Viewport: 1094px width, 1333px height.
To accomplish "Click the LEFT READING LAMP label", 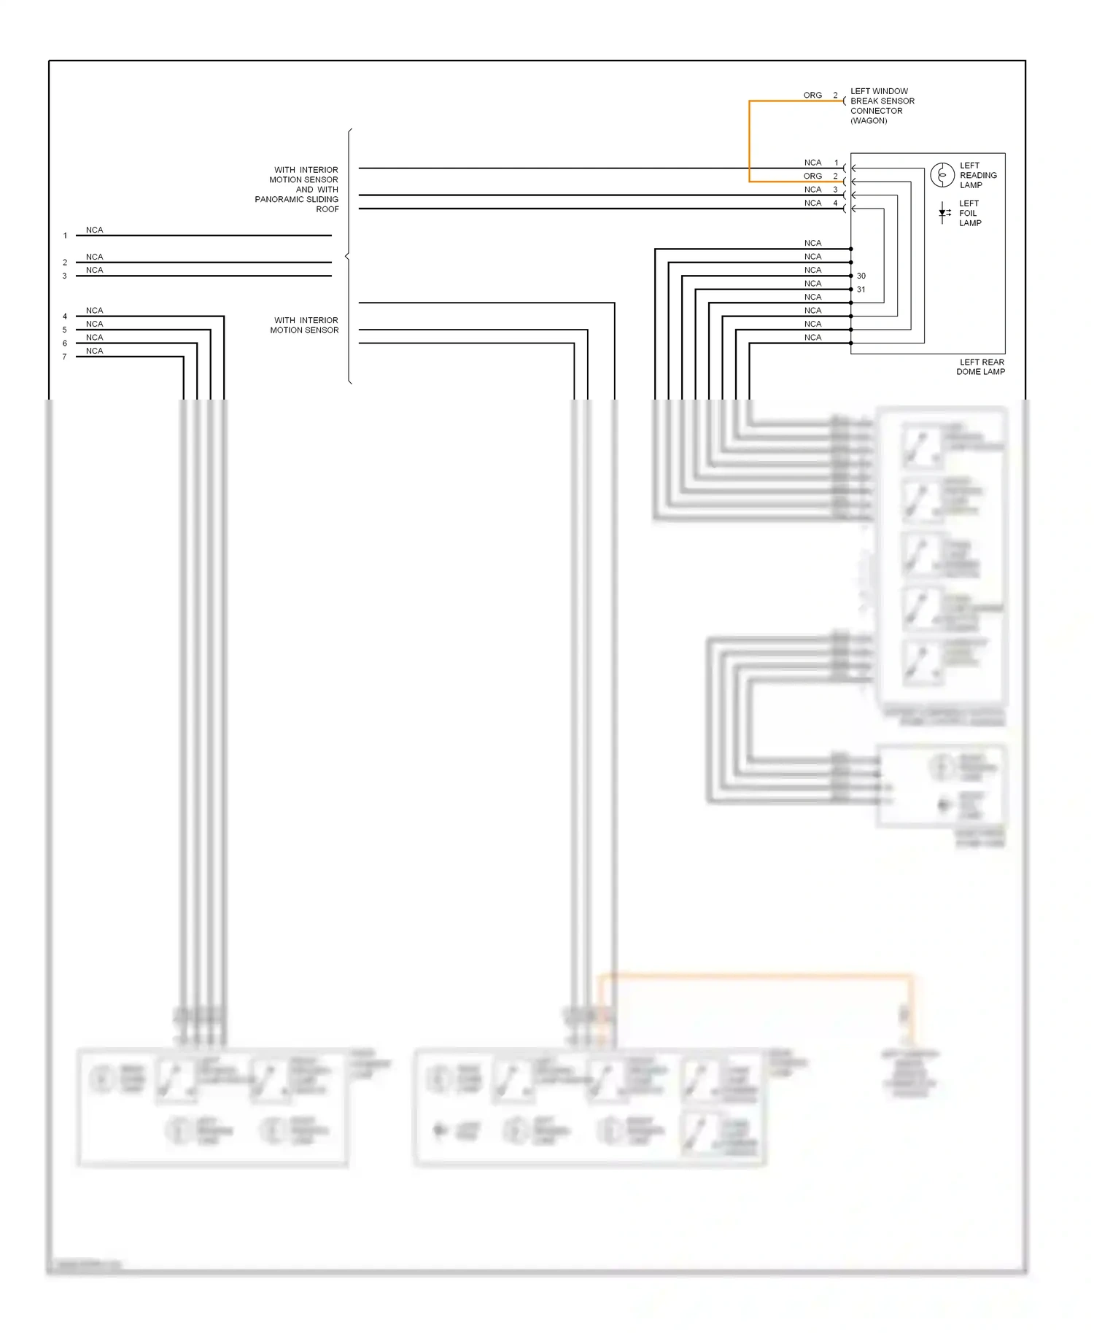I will pyautogui.click(x=977, y=175).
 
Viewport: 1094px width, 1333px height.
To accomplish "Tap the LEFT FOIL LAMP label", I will pyautogui.click(x=969, y=213).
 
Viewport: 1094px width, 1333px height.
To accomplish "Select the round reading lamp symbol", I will pyautogui.click(x=942, y=175).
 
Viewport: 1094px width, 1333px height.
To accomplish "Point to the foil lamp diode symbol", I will pyautogui.click(x=943, y=213).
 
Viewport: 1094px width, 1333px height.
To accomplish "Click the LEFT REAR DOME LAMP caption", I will pyautogui.click(x=980, y=367).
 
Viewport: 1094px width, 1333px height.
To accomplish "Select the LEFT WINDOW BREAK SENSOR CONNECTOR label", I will pyautogui.click(x=881, y=106).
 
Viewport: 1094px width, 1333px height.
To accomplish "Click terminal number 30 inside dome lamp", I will pyautogui.click(x=861, y=276).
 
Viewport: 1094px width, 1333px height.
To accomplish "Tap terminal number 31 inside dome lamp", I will pyautogui.click(x=861, y=289).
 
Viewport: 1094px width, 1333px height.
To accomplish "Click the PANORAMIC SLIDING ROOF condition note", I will pyautogui.click(x=297, y=190).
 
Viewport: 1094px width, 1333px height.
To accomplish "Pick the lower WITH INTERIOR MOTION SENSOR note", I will pyautogui.click(x=305, y=325).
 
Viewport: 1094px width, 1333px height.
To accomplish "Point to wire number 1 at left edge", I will pyautogui.click(x=65, y=236).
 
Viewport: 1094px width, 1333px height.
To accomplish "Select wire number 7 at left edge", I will pyautogui.click(x=65, y=357).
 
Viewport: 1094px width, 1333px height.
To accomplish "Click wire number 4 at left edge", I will pyautogui.click(x=65, y=316).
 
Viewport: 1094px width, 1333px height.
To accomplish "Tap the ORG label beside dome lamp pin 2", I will pyautogui.click(x=812, y=176).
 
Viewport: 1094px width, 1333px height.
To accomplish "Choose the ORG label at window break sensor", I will pyautogui.click(x=812, y=96).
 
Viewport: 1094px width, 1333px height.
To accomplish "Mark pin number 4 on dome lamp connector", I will pyautogui.click(x=836, y=203).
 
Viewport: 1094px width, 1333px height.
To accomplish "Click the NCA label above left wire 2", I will pyautogui.click(x=94, y=257).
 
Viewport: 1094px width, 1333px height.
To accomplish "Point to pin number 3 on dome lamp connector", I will pyautogui.click(x=836, y=190).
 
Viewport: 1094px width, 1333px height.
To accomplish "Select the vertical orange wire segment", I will pyautogui.click(x=749, y=141).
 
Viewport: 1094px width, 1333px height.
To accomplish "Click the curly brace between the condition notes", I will pyautogui.click(x=349, y=256).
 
